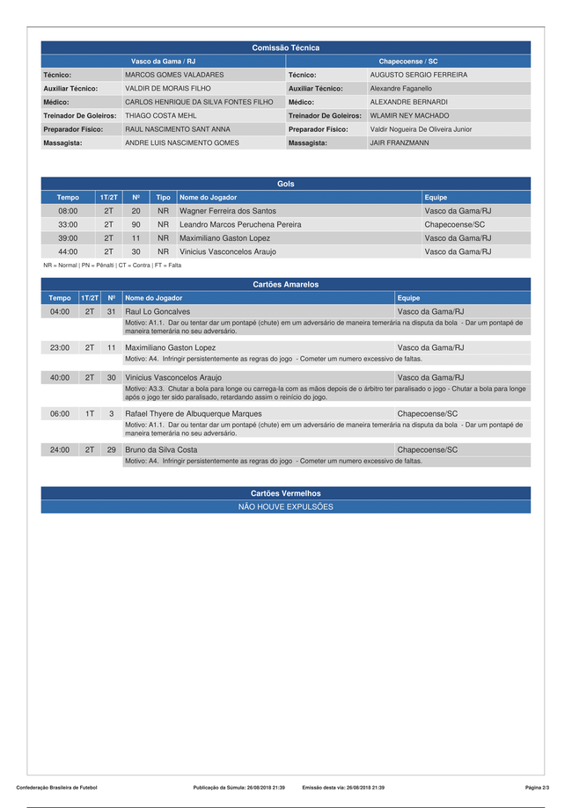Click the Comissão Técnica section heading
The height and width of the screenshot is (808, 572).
pyautogui.click(x=285, y=47)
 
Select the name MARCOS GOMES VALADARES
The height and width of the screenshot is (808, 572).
pyautogui.click(x=174, y=76)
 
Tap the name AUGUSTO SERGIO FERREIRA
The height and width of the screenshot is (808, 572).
pyautogui.click(x=418, y=76)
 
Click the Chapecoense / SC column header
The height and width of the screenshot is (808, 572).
pyautogui.click(x=408, y=62)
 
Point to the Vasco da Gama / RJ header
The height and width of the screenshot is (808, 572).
pyautogui.click(x=163, y=62)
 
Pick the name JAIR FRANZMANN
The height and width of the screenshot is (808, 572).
pyautogui.click(x=400, y=142)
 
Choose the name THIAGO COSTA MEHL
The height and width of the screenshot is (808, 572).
pyautogui.click(x=161, y=115)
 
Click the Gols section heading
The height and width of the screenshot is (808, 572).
pyautogui.click(x=285, y=184)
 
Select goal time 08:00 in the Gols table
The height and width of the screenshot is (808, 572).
pyautogui.click(x=68, y=211)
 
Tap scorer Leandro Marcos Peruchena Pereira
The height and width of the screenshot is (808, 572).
pyautogui.click(x=240, y=224)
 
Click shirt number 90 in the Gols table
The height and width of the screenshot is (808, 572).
pyautogui.click(x=136, y=224)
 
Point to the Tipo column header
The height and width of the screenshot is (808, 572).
pyautogui.click(x=163, y=198)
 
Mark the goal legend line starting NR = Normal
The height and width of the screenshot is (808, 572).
pyautogui.click(x=113, y=265)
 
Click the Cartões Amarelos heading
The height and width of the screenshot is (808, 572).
pyautogui.click(x=285, y=285)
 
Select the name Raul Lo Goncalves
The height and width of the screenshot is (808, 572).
pyautogui.click(x=158, y=311)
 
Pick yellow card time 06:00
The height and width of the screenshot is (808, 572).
pyautogui.click(x=60, y=413)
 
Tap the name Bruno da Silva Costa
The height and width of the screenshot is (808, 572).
pyautogui.click(x=161, y=449)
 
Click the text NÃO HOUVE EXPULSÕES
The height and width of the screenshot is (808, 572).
pyautogui.click(x=285, y=507)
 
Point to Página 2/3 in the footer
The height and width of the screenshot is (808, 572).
pyautogui.click(x=537, y=787)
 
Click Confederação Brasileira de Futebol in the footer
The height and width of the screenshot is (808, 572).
pyautogui.click(x=56, y=787)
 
